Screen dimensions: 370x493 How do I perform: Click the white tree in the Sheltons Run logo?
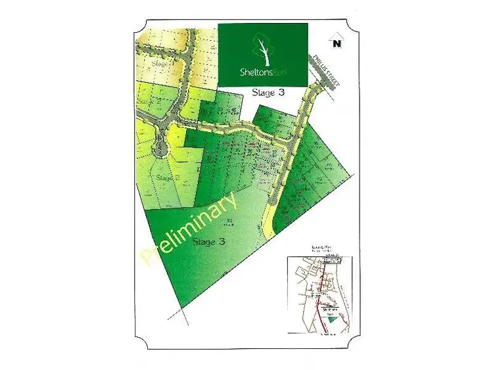262,49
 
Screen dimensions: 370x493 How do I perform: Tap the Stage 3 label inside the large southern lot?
209,242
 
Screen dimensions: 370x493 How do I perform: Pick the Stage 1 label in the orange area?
162,64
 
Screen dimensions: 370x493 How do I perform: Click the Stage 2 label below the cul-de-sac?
168,177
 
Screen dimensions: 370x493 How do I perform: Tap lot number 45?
233,109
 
